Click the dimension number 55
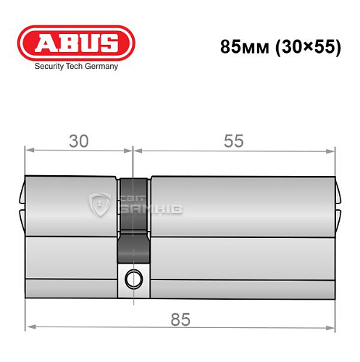coord(234,141)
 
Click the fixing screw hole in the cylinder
coord(133,277)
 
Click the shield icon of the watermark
coord(99,206)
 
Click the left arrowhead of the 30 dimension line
coord(30,151)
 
